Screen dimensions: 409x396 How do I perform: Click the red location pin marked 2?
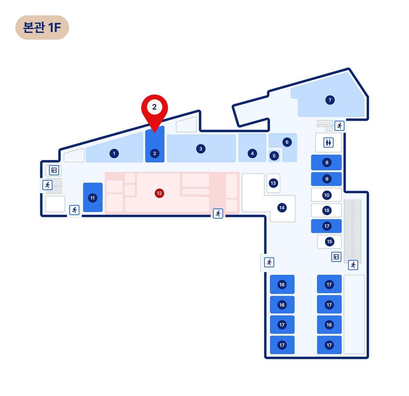[x=154, y=113]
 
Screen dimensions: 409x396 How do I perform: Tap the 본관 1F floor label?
[x=42, y=27]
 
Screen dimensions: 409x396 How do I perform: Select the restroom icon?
[x=328, y=142]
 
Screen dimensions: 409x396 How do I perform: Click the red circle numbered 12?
[x=159, y=193]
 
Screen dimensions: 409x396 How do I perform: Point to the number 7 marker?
[x=330, y=100]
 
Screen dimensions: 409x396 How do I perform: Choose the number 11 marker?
[x=93, y=198]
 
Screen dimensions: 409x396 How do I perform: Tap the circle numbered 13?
[x=273, y=183]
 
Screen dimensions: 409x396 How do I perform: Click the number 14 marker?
[x=282, y=208]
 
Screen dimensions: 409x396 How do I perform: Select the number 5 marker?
[x=274, y=156]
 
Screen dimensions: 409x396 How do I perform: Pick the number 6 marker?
[x=287, y=142]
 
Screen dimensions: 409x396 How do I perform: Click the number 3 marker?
[x=201, y=149]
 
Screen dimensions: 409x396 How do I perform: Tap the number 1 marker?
[x=114, y=153]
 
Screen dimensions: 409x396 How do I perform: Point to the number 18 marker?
[x=327, y=210]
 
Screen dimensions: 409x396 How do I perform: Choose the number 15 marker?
[x=329, y=241]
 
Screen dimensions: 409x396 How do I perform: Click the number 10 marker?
[x=327, y=195]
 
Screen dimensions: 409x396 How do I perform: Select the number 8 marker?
[x=327, y=162]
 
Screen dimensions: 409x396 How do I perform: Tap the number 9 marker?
[x=327, y=179]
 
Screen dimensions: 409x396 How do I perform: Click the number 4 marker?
[x=252, y=153]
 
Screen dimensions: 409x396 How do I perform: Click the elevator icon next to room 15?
[x=336, y=257]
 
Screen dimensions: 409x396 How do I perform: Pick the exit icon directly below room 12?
[x=218, y=213]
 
